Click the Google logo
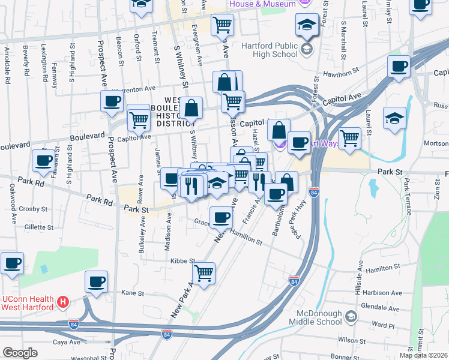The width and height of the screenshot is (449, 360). coord(20,353)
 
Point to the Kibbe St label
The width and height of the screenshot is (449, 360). coord(183,261)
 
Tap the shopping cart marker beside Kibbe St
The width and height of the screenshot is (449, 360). coord(204,273)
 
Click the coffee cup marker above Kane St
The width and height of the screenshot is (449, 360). coord(96,281)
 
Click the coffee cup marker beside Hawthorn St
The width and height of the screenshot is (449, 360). coord(398,67)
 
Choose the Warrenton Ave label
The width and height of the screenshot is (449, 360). coord(138,89)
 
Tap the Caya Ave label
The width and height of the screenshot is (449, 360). coord(67,342)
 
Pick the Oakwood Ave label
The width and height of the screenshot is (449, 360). coord(10,194)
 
